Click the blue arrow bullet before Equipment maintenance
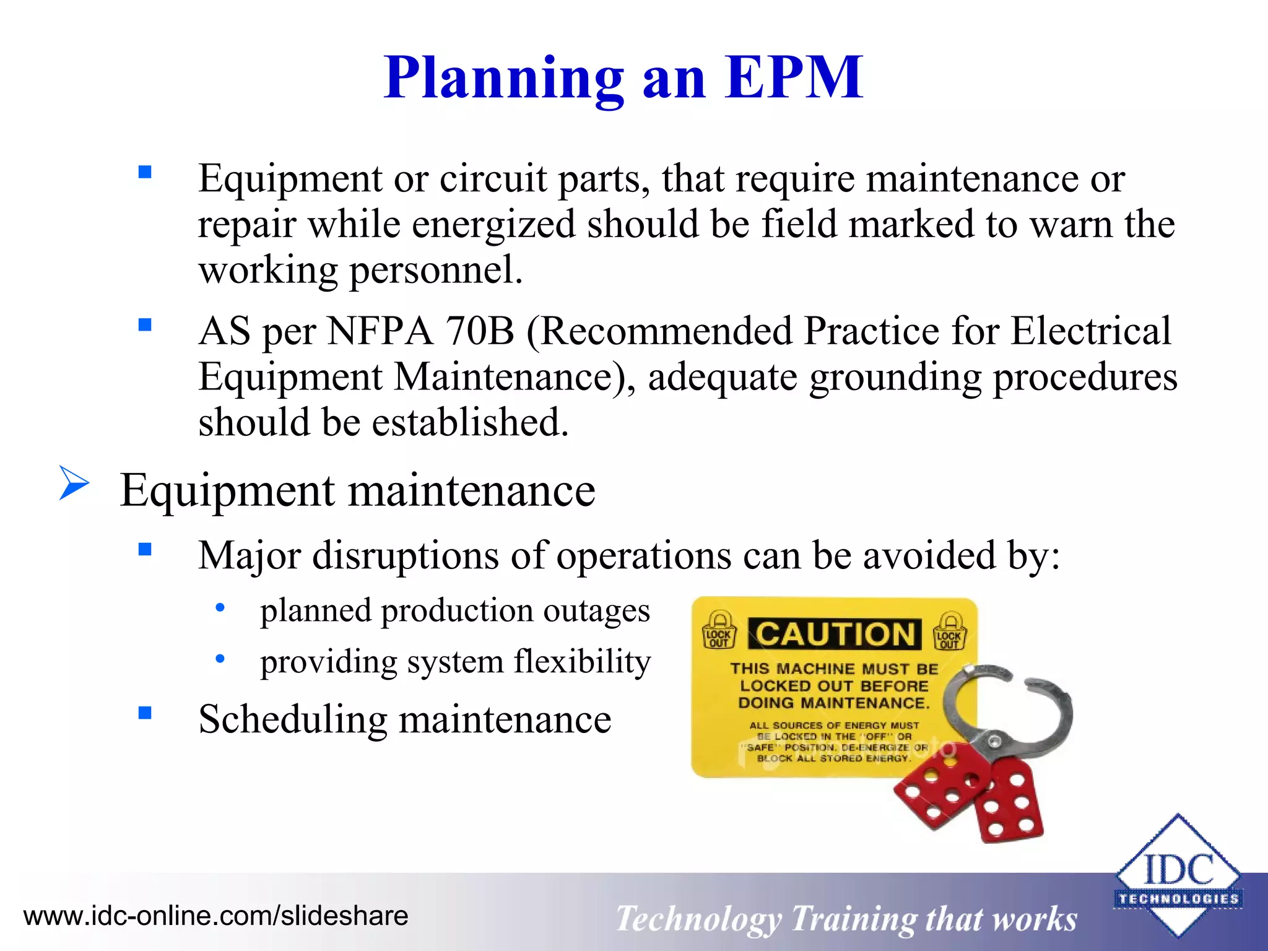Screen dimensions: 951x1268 pos(74,483)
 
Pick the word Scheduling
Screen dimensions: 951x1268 pos(292,719)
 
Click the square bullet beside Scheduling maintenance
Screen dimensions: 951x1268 pos(145,713)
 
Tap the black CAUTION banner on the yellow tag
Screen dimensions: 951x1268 pos(835,635)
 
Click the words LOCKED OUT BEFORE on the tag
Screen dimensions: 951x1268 pos(834,686)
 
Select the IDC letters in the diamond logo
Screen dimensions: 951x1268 pos(1178,869)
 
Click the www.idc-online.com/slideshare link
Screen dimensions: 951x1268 pos(215,916)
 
